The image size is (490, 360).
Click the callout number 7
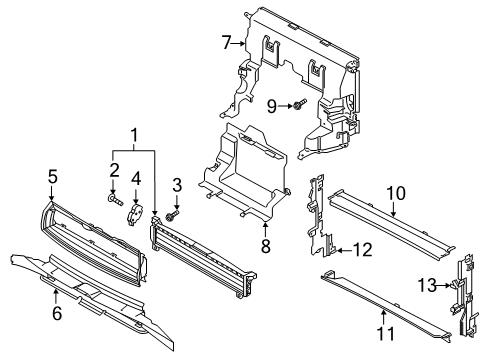[x=227, y=43]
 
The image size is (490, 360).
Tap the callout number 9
[x=272, y=107]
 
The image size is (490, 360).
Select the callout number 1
[x=134, y=135]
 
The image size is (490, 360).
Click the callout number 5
[x=53, y=177]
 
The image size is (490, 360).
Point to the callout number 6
[x=57, y=313]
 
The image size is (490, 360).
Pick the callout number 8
[x=265, y=247]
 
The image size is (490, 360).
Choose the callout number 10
[x=396, y=193]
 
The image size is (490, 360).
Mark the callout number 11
[x=386, y=333]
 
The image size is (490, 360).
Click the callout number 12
[x=362, y=250]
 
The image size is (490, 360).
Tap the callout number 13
[x=427, y=285]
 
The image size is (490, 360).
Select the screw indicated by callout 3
[x=172, y=215]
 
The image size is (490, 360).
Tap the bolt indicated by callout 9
[x=300, y=104]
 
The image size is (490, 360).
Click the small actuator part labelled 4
[x=136, y=215]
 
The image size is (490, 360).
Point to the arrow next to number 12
[x=343, y=250]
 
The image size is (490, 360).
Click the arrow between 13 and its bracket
[x=443, y=285]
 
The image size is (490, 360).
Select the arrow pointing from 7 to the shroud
[x=239, y=43]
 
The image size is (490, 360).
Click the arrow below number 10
[x=394, y=209]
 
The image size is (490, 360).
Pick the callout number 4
[x=136, y=179]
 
